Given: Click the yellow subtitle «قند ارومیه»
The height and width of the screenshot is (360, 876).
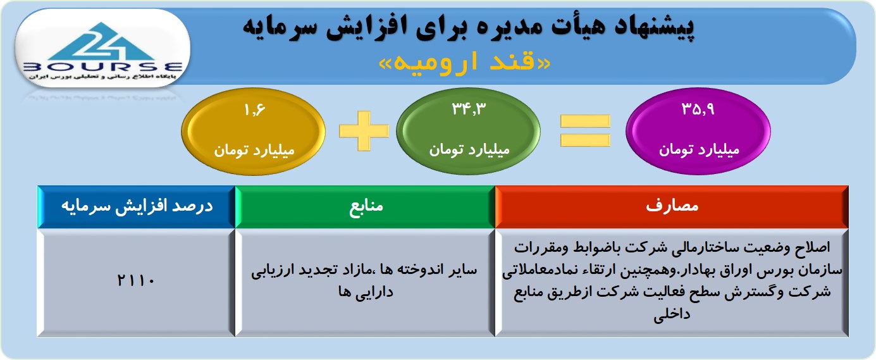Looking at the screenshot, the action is point(465,63).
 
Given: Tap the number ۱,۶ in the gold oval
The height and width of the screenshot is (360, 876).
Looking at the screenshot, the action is point(255,110).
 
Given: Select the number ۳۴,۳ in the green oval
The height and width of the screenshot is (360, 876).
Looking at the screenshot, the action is point(469,109).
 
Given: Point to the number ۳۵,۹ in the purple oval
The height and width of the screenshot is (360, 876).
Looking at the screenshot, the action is point(698,109).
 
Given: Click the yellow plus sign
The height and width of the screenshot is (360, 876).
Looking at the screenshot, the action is point(364,131).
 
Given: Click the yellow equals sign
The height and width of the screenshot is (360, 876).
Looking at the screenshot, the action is point(585,131).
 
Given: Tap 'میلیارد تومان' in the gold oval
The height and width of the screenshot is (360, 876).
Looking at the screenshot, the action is point(254,151).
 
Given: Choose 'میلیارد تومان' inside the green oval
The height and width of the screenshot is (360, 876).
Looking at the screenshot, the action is point(469,150).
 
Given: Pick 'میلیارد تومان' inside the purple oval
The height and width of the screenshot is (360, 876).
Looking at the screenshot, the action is point(700,150).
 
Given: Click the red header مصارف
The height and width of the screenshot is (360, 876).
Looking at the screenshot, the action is point(672,206).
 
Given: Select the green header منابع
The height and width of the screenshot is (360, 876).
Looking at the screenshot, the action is point(366,206).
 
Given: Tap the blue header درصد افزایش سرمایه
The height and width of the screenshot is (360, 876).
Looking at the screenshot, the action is point(137,206).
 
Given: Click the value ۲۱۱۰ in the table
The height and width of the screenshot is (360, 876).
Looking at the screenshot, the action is point(136,280).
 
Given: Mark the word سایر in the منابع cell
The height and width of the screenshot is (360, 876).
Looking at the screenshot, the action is point(462,270).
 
